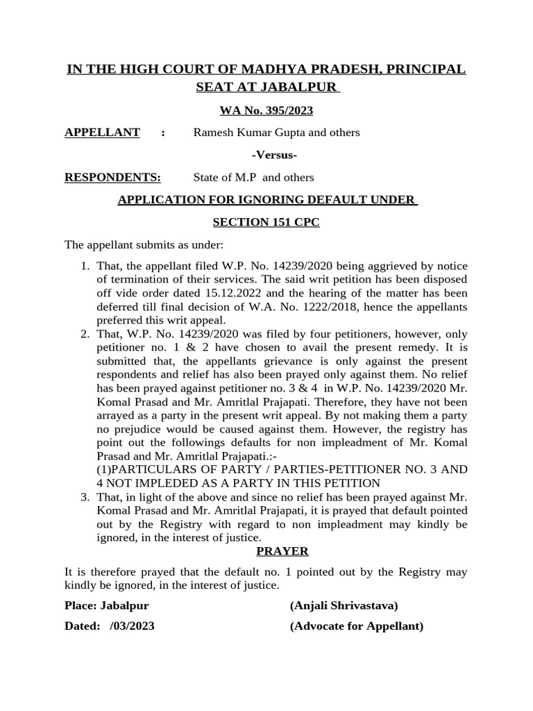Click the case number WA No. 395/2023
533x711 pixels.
click(x=266, y=110)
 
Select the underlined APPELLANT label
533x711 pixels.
click(x=102, y=132)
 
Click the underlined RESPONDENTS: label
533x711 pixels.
click(x=112, y=177)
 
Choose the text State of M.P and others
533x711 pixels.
click(x=253, y=178)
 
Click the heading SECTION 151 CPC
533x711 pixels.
click(x=266, y=222)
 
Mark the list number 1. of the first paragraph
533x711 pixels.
click(x=84, y=267)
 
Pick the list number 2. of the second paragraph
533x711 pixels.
click(x=84, y=334)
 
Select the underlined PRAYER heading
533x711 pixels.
click(x=282, y=551)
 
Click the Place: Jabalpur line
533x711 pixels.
click(x=106, y=605)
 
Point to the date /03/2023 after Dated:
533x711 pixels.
click(x=132, y=626)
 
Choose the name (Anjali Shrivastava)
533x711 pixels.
click(x=344, y=605)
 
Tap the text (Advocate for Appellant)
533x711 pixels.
click(x=356, y=626)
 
